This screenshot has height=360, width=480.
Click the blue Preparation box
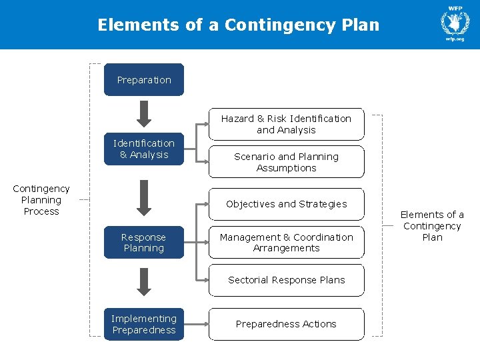pos(143,80)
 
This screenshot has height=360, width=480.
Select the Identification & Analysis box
pos(143,149)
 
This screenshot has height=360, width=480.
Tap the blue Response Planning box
pos(143,243)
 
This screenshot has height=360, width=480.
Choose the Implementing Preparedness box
pos(143,324)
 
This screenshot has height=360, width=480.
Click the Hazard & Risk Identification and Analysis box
pos(286,124)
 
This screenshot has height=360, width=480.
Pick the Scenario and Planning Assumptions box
pos(286,162)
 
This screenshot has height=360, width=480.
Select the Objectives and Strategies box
pos(286,204)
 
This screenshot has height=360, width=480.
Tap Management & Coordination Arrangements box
pos(286,243)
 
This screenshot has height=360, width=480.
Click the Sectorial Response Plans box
pos(286,280)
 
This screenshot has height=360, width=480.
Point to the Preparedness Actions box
pos(286,324)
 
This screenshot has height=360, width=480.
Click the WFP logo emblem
pos(455,22)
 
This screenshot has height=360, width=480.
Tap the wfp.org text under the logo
pos(455,39)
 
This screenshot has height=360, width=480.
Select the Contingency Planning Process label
pos(41,200)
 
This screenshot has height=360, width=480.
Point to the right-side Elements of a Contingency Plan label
pos(432,226)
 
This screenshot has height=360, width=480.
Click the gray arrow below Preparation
pos(143,113)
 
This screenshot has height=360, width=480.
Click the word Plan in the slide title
pos(359,25)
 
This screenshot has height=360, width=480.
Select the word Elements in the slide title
pos(139,25)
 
